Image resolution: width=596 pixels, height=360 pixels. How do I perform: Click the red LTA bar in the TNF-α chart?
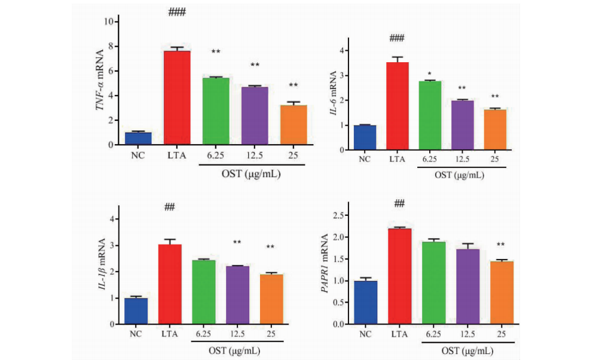pyautogui.click(x=177, y=97)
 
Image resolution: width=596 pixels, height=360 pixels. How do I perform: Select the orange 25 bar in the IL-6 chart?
pyautogui.click(x=494, y=130)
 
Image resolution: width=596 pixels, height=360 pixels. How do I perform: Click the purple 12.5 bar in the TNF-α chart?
pyautogui.click(x=255, y=116)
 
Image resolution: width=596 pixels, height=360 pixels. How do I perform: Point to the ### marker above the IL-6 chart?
pyautogui.click(x=397, y=38)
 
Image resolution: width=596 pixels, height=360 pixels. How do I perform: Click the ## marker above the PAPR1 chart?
pyautogui.click(x=399, y=205)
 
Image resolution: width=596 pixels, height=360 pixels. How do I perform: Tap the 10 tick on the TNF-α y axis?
pyautogui.click(x=109, y=22)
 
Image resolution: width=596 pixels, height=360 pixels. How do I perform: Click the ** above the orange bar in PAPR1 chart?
pyautogui.click(x=501, y=245)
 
